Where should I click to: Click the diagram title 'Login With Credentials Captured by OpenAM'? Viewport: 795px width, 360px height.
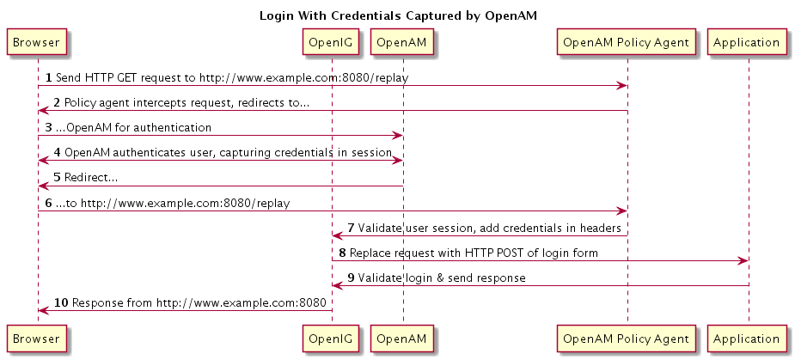coord(398,15)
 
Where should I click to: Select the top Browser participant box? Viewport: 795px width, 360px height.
coord(36,42)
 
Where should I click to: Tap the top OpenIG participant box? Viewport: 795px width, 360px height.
coord(332,42)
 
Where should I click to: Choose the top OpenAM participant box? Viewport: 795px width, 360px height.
coord(402,42)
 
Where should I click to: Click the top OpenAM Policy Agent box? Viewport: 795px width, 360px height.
coord(627,42)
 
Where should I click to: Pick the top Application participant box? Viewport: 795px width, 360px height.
coord(746,42)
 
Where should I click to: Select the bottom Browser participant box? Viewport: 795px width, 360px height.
coord(36,339)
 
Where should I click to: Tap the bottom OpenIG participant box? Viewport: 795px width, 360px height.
coord(332,339)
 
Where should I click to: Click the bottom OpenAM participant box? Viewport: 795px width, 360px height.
coord(402,339)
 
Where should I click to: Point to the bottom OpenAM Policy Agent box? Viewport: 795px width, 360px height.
coord(627,339)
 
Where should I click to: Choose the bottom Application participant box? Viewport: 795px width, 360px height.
coord(746,339)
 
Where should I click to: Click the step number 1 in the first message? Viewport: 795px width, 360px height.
coord(49,77)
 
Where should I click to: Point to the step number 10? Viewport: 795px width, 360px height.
coord(61,302)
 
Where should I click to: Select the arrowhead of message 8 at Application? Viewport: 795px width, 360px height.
coord(743,260)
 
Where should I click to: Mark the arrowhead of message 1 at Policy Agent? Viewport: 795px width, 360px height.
coord(622,86)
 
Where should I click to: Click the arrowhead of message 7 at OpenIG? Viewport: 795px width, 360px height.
coord(338,235)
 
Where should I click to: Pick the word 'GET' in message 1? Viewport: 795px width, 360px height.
coord(127,77)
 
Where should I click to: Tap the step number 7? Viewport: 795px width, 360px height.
coord(351,228)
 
